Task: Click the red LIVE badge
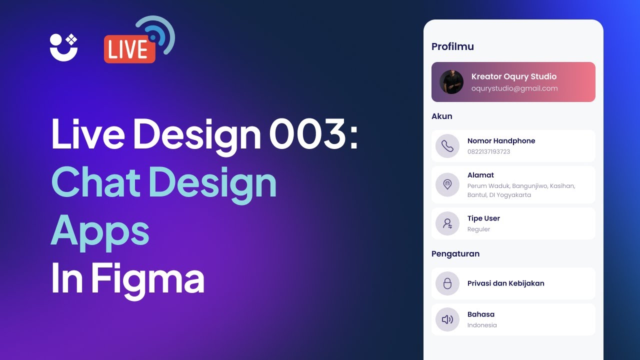click(x=129, y=49)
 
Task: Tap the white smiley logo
click(x=63, y=47)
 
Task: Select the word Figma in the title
click(x=147, y=278)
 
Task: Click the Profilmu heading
click(x=452, y=46)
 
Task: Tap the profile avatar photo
click(x=451, y=82)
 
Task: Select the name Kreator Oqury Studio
click(x=513, y=76)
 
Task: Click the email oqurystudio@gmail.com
click(x=514, y=88)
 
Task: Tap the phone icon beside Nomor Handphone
click(x=447, y=146)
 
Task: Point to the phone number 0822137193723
click(x=488, y=151)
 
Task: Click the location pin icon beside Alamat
click(x=447, y=184)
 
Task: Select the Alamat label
click(x=480, y=175)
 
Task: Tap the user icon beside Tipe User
click(x=447, y=223)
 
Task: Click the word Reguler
click(x=478, y=229)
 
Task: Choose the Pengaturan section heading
click(x=455, y=253)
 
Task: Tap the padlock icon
click(x=447, y=283)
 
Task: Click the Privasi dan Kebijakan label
click(x=505, y=283)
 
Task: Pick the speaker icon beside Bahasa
click(x=447, y=319)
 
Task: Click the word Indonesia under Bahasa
click(x=482, y=325)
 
